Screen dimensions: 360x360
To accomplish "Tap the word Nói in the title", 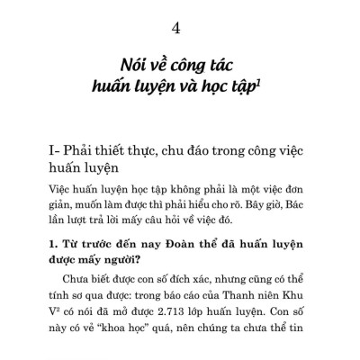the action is [x=135, y=65].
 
